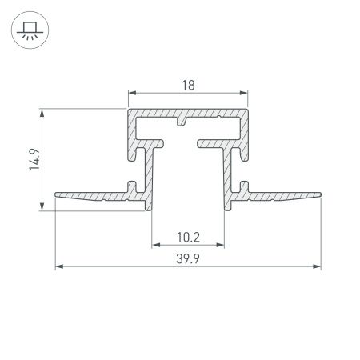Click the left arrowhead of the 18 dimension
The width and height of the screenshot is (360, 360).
click(130, 94)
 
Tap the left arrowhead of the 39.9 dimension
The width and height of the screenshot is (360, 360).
click(58, 267)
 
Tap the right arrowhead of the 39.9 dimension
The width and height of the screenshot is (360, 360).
click(318, 267)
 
